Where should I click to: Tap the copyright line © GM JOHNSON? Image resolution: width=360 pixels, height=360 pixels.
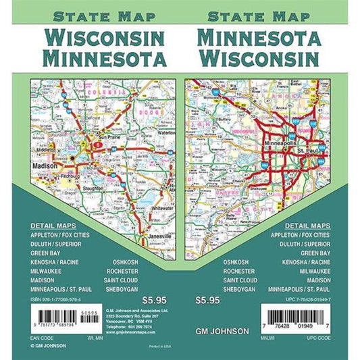click(x=50, y=346)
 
